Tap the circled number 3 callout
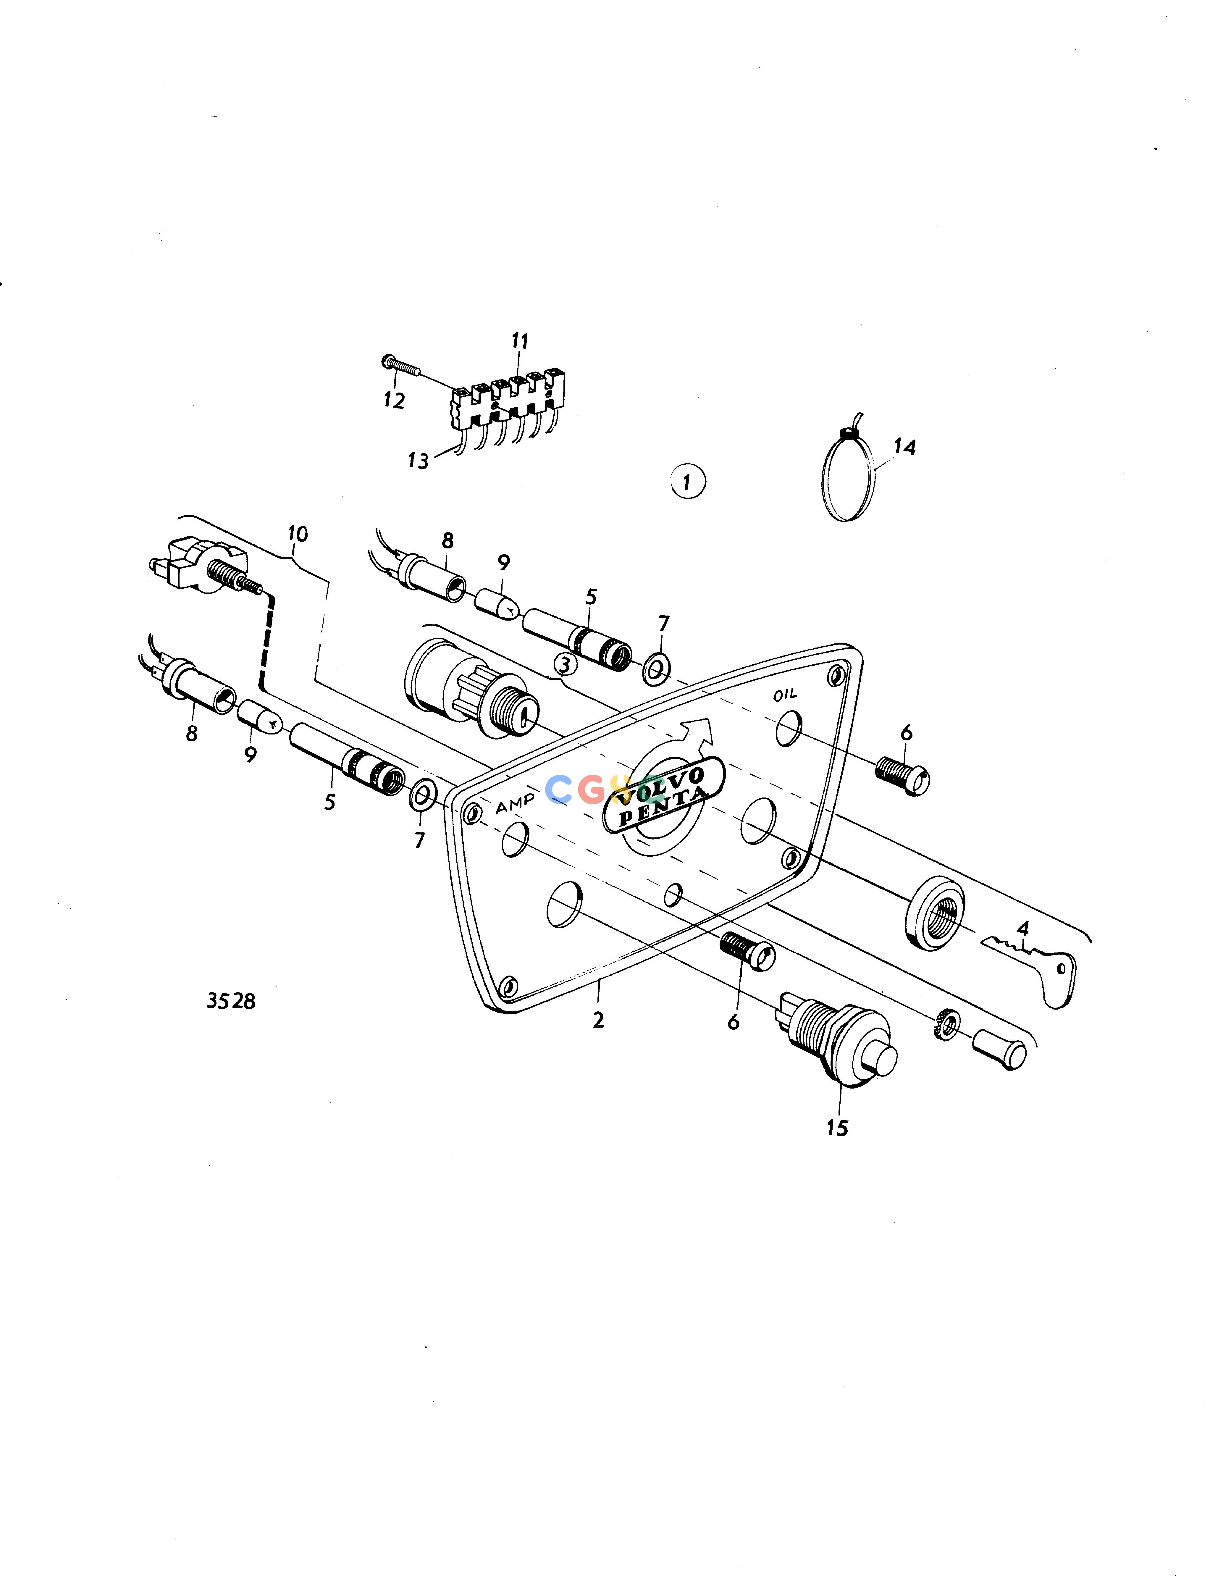click(566, 664)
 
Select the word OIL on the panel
click(785, 695)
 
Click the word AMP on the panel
click(515, 803)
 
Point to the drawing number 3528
click(230, 1001)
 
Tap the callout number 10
click(298, 534)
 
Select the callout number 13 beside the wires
click(418, 460)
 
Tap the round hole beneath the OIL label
click(789, 728)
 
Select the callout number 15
click(837, 1127)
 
